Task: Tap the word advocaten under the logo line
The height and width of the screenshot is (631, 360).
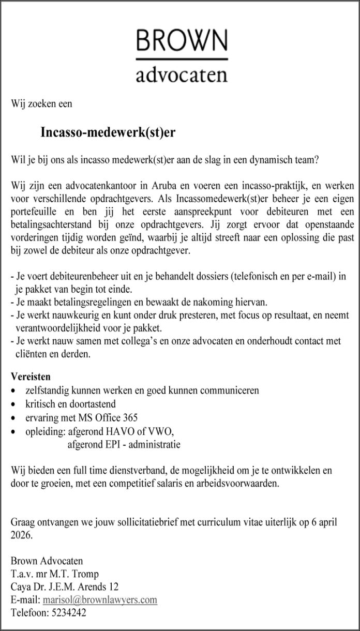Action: point(182,76)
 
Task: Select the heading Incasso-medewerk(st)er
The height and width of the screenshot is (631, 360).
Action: point(108,133)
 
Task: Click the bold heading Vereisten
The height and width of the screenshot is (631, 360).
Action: point(31,377)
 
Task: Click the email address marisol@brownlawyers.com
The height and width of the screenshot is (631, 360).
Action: point(100,600)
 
